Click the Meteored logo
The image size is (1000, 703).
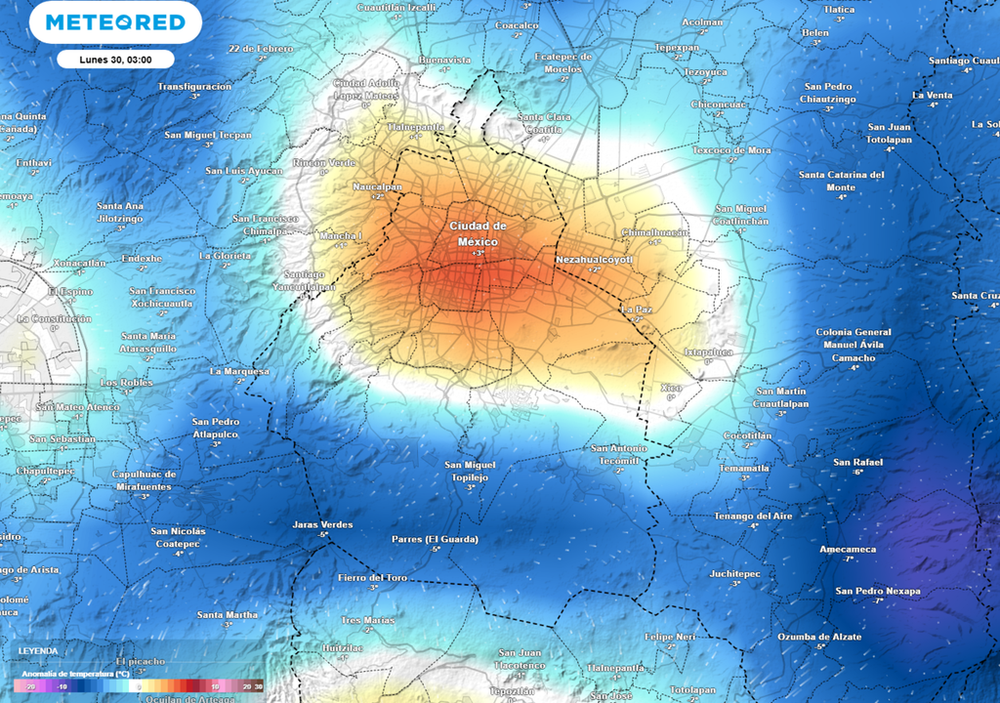pos(115,22)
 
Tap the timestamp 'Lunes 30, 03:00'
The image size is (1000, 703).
pos(115,60)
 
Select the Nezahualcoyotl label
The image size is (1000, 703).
pos(594,260)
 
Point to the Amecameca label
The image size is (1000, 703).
pos(848,549)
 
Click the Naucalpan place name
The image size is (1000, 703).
pos(377,186)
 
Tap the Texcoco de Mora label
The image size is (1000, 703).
pos(731,150)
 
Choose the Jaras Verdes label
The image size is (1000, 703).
pos(322,524)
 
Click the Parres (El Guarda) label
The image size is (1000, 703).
pos(435,539)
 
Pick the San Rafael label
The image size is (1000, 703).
pos(857,462)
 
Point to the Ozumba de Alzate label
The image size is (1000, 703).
pos(819,637)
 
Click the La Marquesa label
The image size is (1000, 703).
pos(239,371)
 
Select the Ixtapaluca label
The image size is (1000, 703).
pos(708,351)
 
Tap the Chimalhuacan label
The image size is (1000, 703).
pos(654,232)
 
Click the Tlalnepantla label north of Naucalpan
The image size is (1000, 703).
pos(416,127)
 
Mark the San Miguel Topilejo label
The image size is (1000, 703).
pos(471,471)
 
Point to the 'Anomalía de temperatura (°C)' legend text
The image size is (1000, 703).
pos(75,674)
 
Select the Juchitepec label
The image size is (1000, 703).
pos(735,574)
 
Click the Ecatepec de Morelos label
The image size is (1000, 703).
pos(563,62)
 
